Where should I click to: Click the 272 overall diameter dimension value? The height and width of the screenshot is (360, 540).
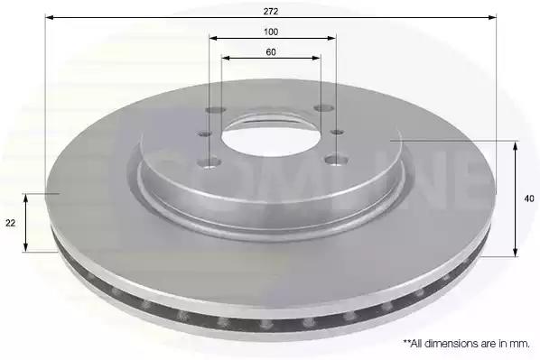point(271,12)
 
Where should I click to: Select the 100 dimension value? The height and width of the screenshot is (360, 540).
point(271,32)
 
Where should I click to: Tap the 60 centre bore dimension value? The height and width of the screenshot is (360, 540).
point(271,52)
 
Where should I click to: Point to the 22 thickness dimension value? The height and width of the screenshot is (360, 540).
point(11,223)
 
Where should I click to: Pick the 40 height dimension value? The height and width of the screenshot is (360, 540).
point(529,198)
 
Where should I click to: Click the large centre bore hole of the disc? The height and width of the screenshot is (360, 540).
point(271,138)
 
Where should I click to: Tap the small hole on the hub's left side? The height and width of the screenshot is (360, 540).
point(205,134)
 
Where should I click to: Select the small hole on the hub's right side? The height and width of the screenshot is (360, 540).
point(337,132)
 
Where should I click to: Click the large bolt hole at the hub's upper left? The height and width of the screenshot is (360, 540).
point(216,110)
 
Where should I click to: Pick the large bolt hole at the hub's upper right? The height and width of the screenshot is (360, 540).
point(322,108)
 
